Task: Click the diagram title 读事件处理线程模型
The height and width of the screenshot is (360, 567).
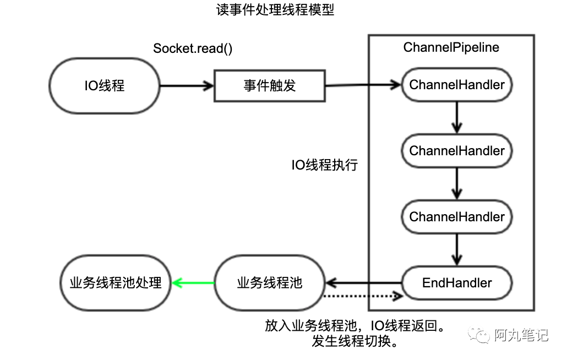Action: (275, 10)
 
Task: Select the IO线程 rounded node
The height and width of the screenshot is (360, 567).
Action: (105, 86)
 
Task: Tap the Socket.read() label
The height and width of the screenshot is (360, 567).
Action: (193, 48)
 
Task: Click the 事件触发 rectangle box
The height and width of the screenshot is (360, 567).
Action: (270, 86)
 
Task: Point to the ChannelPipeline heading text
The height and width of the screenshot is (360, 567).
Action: (451, 47)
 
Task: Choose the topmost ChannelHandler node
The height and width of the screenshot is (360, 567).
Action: (457, 85)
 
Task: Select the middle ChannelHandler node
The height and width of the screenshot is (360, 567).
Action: (457, 151)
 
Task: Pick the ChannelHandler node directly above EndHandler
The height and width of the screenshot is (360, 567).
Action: (457, 217)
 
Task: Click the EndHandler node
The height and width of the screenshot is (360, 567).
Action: (457, 283)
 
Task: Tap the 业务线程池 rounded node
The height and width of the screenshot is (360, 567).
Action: (270, 282)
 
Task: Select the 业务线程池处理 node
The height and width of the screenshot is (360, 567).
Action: (116, 282)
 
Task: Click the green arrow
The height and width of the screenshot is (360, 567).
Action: (193, 282)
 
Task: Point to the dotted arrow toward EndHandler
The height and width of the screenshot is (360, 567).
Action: (363, 296)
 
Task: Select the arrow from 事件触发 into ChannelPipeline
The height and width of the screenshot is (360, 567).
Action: (363, 85)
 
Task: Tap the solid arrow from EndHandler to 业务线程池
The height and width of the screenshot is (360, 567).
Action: (364, 282)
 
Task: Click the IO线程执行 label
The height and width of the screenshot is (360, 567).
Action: (325, 165)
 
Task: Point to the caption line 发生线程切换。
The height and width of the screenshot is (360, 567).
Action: (355, 341)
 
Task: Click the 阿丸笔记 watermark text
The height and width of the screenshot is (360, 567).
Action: (521, 335)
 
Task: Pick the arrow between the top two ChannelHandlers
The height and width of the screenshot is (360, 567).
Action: (457, 118)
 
